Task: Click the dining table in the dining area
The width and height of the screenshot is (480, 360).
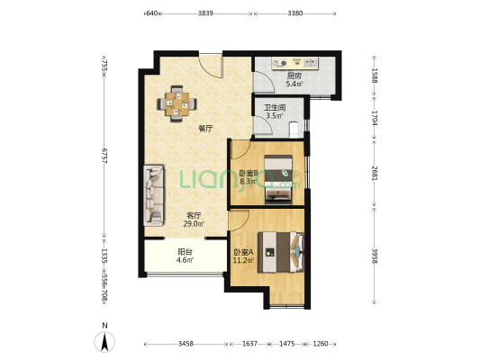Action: tap(177, 104)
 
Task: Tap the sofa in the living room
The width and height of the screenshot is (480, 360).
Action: tap(154, 196)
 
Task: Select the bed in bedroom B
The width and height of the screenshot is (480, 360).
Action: tap(278, 179)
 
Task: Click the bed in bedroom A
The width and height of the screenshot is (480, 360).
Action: tap(281, 252)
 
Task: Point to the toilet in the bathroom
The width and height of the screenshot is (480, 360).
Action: tap(294, 130)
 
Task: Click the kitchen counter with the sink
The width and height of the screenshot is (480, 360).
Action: tap(295, 63)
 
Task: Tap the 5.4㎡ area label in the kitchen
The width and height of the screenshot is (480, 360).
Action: tap(294, 84)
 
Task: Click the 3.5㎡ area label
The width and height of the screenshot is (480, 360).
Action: tap(275, 115)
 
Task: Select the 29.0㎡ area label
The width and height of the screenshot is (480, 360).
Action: tap(194, 223)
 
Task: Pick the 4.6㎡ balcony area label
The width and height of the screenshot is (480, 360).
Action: tap(185, 260)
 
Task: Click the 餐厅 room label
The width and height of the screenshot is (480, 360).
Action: tap(205, 129)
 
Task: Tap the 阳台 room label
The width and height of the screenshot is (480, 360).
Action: tap(185, 252)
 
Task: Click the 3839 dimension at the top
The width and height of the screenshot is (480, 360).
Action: tap(205, 13)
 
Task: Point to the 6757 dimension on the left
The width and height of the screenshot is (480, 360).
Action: tap(104, 156)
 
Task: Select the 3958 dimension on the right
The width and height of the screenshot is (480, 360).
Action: tap(375, 256)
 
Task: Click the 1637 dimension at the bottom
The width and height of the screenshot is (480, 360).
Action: tap(249, 344)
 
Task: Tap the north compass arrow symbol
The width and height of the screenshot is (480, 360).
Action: tap(104, 342)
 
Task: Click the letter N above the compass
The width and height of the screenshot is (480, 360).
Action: tap(105, 326)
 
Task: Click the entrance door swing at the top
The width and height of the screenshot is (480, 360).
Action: tap(210, 66)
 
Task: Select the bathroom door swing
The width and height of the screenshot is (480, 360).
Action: tap(263, 125)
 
